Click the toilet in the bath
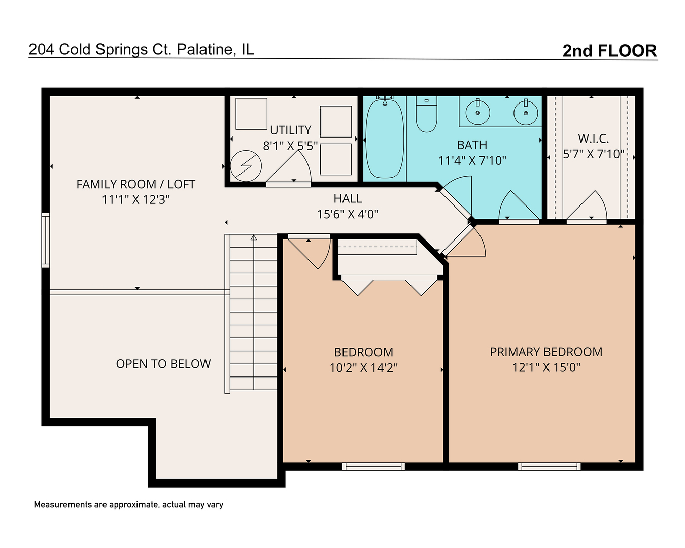click(426, 114)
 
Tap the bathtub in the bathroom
click(385, 139)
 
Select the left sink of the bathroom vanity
click(477, 112)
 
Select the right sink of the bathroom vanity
click(526, 112)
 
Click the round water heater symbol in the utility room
click(246, 166)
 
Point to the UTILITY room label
click(290, 130)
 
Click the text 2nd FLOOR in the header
click(609, 51)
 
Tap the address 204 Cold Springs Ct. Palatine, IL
click(142, 49)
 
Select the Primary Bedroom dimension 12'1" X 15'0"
click(546, 367)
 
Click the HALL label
click(348, 198)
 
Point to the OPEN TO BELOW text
click(163, 364)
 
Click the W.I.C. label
click(593, 139)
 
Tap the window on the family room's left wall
click(46, 240)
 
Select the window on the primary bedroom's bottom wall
click(549, 466)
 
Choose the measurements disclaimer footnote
click(128, 505)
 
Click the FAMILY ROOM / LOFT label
click(135, 184)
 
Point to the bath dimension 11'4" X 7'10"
click(472, 160)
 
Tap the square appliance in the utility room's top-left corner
click(251, 114)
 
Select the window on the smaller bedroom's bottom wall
click(373, 466)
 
